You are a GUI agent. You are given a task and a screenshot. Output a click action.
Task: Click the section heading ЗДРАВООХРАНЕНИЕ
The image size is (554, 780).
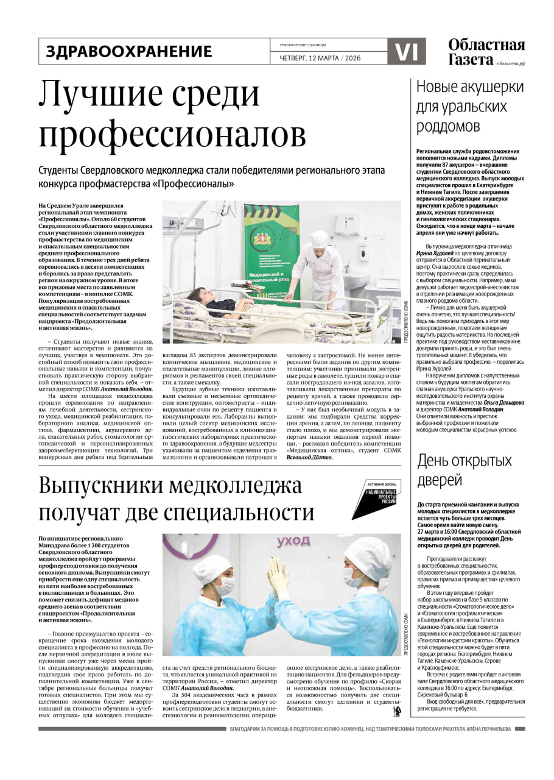click(x=129, y=52)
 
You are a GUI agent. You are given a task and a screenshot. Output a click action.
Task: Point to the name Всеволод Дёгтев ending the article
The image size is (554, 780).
click(x=309, y=457)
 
